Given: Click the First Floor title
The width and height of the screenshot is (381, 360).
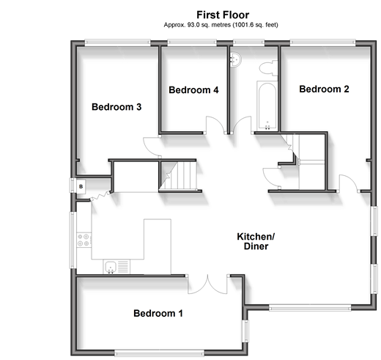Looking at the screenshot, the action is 223,15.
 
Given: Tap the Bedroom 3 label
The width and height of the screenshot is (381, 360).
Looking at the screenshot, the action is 116,107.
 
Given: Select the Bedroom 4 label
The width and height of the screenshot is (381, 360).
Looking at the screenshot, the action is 193,90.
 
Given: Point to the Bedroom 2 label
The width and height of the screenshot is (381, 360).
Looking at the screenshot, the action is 324,89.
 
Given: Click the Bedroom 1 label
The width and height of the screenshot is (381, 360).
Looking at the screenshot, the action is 158,313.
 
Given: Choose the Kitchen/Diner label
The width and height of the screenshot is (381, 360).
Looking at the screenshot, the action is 256,241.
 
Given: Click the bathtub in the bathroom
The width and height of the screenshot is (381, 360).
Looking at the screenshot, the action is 267,106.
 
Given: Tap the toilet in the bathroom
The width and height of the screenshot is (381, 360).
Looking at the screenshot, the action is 268,68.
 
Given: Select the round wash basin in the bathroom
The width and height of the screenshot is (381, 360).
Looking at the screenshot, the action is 236,59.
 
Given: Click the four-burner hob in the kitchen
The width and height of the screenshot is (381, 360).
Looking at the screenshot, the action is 84,240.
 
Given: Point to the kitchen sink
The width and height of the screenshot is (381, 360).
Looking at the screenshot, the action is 111,267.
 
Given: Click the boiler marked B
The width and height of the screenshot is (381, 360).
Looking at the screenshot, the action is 81,186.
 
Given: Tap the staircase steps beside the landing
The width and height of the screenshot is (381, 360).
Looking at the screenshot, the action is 178,175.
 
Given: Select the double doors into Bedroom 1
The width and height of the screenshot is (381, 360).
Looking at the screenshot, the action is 207,284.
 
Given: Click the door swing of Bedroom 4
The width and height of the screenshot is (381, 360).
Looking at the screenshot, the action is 215,125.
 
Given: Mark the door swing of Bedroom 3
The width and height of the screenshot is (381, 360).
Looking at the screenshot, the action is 152,147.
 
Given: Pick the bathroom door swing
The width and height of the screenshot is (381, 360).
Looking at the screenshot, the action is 242,125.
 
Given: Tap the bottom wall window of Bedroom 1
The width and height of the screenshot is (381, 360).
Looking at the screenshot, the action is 159,353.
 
